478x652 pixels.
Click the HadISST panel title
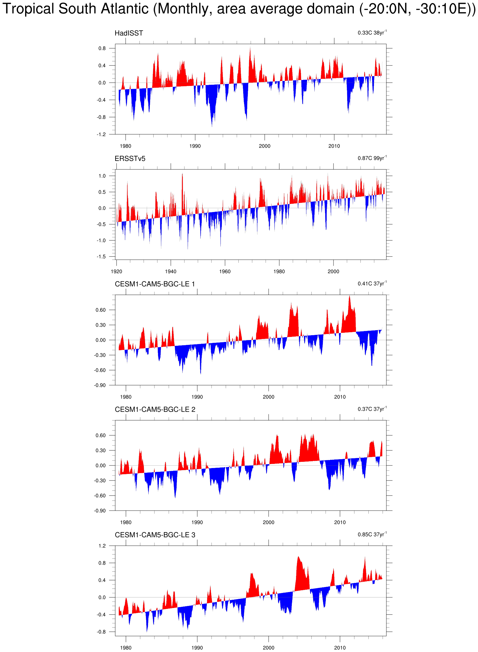tap(129, 33)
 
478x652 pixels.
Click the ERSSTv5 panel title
tap(130, 159)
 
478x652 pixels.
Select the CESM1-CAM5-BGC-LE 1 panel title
tap(155, 284)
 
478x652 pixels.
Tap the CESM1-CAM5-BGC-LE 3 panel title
tap(155, 535)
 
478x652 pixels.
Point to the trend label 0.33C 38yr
tap(372, 32)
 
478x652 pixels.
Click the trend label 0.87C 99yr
tap(372, 158)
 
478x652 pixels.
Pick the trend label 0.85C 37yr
tap(372, 534)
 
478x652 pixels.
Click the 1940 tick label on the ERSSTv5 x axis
tap(170, 271)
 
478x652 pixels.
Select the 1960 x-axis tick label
tap(225, 271)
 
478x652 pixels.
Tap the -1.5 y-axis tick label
tap(101, 256)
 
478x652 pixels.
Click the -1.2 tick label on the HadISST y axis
tap(101, 134)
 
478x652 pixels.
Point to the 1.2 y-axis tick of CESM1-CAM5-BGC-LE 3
tap(102, 546)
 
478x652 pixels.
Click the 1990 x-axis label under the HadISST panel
tap(195, 146)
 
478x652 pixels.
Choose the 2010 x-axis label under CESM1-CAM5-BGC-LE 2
tap(340, 522)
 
